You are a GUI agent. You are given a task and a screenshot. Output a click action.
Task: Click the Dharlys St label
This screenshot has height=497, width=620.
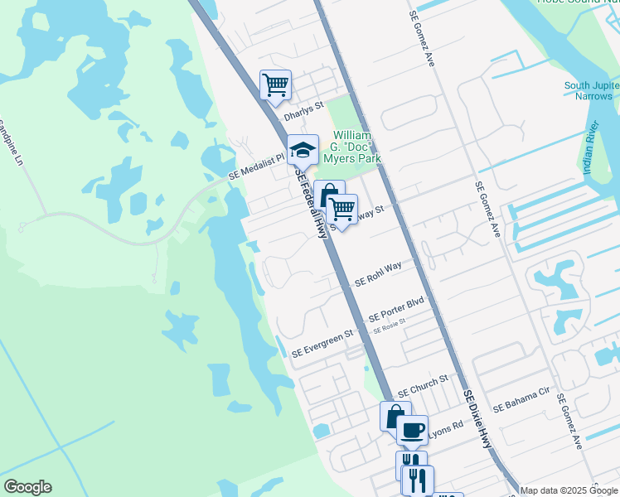[303, 118]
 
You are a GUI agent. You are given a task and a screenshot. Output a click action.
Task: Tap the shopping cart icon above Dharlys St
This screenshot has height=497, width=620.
[275, 84]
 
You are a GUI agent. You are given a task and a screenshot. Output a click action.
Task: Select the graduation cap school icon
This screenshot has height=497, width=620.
[303, 151]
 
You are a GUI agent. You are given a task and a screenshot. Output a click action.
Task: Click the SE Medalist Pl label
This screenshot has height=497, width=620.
[257, 176]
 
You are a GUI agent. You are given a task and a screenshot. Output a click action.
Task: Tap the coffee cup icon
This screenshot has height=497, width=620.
[412, 430]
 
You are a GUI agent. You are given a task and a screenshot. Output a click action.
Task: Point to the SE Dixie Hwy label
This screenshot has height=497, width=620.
[477, 419]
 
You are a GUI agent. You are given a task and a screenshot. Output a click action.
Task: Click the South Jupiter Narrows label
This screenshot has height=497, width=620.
[589, 90]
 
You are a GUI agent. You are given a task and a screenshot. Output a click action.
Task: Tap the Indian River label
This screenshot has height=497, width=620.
[591, 142]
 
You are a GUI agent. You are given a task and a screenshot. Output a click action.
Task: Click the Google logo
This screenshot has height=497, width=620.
[27, 487]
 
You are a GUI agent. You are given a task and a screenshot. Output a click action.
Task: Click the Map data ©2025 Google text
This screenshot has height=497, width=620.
[569, 490]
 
